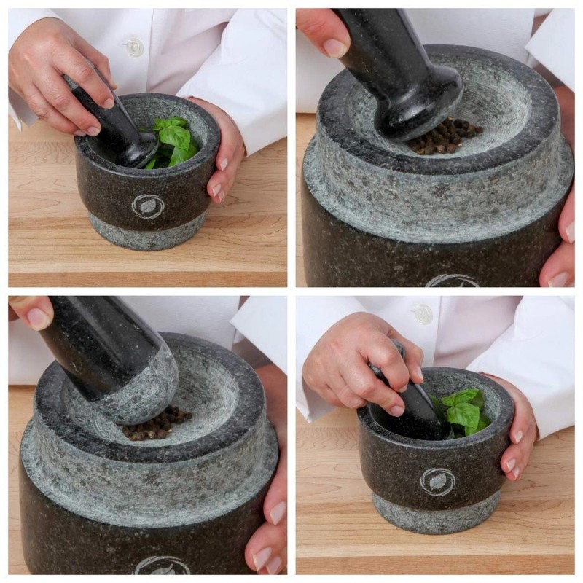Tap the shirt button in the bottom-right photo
[x=421, y=313]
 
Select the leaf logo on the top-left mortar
[x=148, y=206]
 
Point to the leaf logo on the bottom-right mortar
[x=437, y=482]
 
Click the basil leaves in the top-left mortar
[x=173, y=140]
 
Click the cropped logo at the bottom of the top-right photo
[x=452, y=281]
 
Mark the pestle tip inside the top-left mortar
[x=138, y=154]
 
